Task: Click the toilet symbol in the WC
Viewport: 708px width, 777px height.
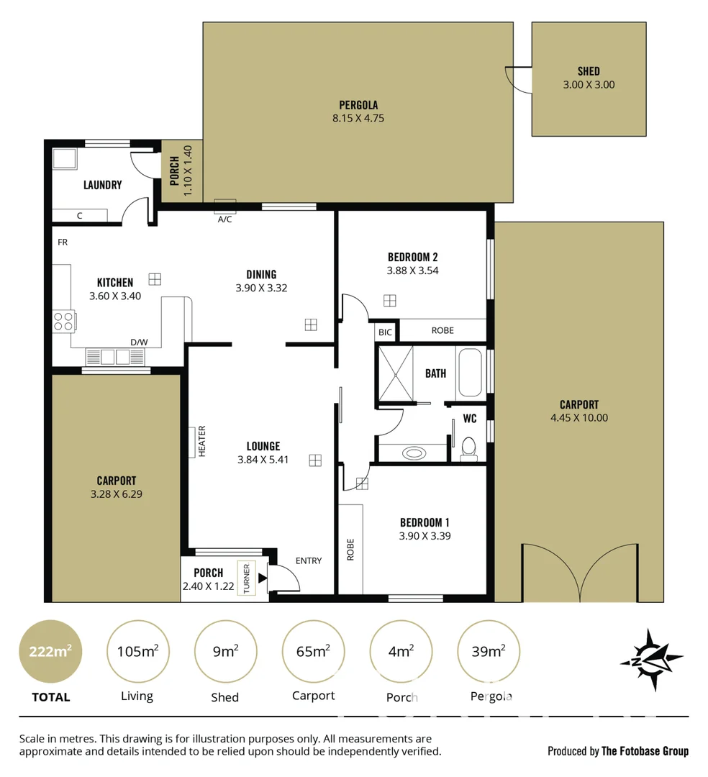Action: tap(468, 447)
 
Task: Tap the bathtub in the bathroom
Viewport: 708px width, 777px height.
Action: tap(470, 372)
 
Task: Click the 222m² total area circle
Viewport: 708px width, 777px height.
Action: tap(50, 652)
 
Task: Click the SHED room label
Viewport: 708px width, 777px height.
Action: tap(588, 71)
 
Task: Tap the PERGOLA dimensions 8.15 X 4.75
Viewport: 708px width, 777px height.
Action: tap(358, 118)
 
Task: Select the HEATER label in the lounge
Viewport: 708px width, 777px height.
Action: tap(202, 442)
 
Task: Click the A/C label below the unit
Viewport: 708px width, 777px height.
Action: tap(224, 219)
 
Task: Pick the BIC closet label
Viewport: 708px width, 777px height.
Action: tap(385, 332)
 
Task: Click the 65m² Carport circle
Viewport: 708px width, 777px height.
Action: tap(313, 652)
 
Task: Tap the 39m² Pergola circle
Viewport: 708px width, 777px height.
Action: tap(488, 652)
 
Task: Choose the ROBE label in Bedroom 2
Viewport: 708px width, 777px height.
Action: tap(442, 330)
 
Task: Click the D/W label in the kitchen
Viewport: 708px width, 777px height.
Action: tap(138, 342)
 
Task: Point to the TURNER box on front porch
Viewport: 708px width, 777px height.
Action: tap(247, 578)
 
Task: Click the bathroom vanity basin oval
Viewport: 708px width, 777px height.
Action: tap(413, 453)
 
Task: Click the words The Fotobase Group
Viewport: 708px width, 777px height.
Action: tap(645, 751)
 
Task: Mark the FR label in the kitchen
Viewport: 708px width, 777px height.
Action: tap(63, 242)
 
